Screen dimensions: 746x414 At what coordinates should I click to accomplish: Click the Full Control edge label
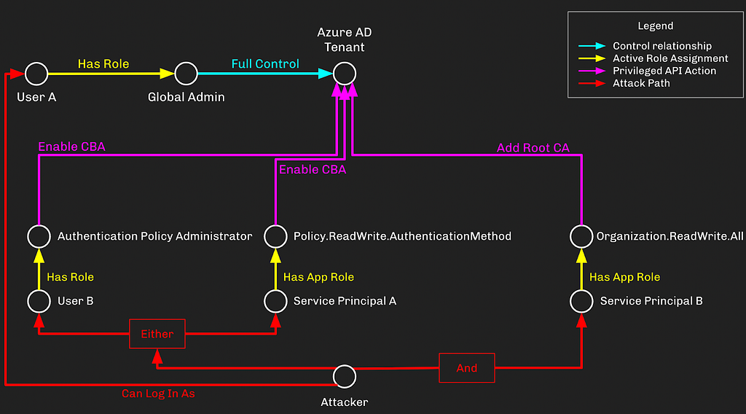265,63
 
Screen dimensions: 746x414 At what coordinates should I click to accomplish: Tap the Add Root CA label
533,148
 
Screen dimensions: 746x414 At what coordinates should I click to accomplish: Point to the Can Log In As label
158,394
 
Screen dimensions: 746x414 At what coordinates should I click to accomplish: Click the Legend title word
655,26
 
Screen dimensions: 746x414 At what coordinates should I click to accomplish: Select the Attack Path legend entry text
641,83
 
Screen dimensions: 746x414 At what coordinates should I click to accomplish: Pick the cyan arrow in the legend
592,46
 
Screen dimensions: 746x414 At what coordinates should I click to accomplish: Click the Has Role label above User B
70,277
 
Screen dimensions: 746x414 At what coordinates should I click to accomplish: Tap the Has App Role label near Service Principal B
624,277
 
